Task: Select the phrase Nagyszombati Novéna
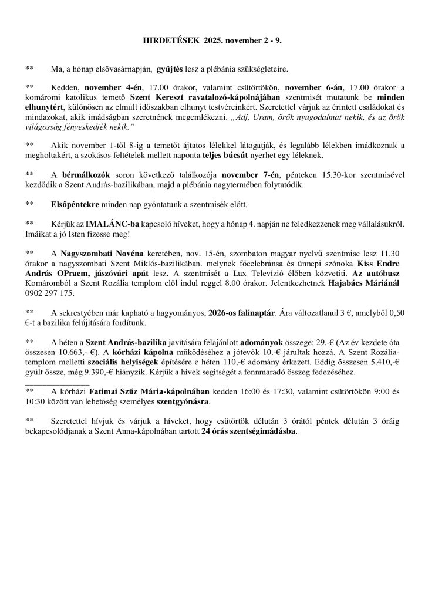click(x=93, y=254)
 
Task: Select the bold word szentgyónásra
click(x=181, y=402)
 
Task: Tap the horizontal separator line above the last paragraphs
click(x=58, y=385)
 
